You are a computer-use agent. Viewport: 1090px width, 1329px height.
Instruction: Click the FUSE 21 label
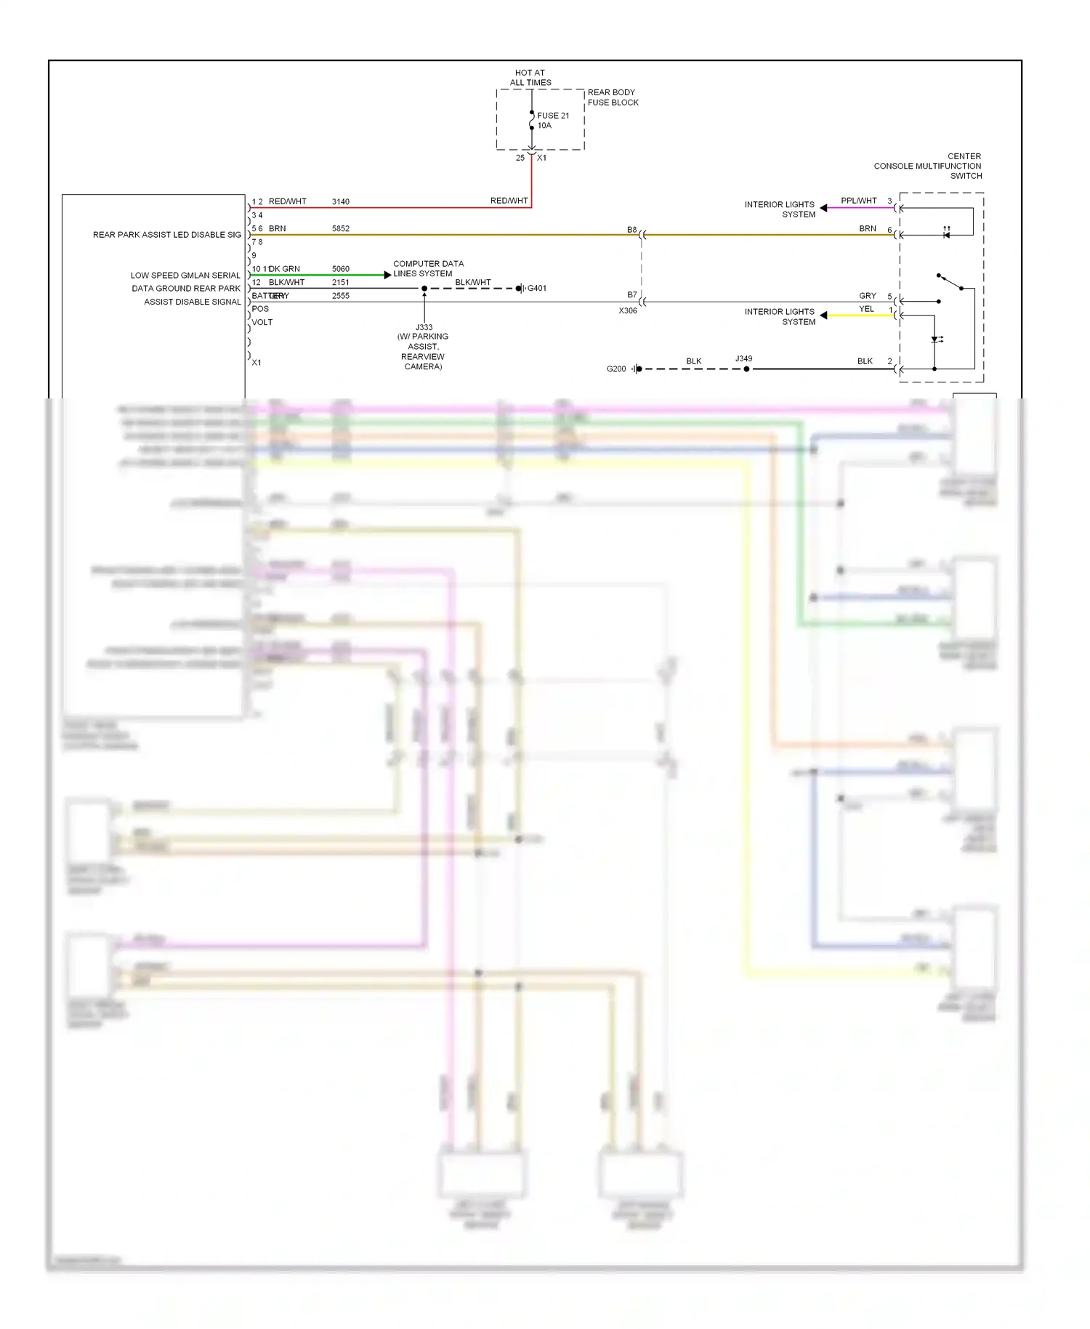(x=553, y=116)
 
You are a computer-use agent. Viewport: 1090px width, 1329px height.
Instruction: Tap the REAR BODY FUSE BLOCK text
(x=613, y=97)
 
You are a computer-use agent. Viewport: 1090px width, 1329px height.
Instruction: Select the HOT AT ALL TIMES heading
(x=530, y=78)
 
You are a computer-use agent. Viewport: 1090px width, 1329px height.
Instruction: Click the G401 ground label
(x=537, y=289)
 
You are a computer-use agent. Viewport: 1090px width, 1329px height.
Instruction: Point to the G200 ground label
(x=615, y=369)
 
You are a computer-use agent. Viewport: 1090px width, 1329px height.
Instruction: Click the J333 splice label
(x=424, y=327)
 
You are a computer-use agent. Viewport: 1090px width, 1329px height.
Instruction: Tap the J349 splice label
(x=743, y=359)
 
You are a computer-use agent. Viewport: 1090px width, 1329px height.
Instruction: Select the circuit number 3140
(x=340, y=202)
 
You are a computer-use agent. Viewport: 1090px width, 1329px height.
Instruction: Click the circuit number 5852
(x=340, y=229)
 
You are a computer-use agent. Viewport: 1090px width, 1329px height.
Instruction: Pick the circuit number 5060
(x=340, y=269)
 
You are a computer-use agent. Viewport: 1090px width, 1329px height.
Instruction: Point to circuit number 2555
(x=340, y=296)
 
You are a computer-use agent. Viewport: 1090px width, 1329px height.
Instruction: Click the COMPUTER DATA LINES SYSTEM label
(x=427, y=269)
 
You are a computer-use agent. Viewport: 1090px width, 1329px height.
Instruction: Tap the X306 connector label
(x=628, y=311)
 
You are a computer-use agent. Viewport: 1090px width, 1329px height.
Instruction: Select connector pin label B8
(x=631, y=230)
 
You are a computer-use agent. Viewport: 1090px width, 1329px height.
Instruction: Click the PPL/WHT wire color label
(x=858, y=201)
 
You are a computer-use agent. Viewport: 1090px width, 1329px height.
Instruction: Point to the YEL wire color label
(x=866, y=309)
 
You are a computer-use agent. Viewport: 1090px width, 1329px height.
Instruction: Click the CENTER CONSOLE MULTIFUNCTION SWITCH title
(x=928, y=166)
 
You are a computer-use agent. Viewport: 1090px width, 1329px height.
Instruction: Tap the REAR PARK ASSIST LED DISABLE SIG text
(x=166, y=235)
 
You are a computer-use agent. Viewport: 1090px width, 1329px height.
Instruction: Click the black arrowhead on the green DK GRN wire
(x=387, y=275)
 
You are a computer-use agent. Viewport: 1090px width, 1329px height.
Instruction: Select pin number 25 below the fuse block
(x=520, y=158)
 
